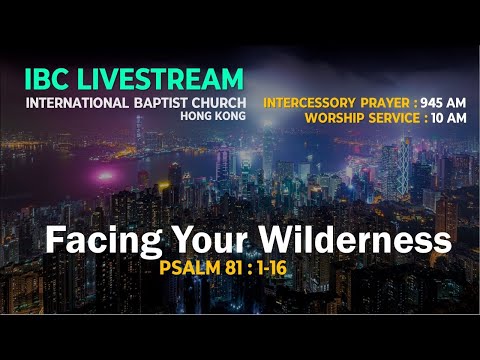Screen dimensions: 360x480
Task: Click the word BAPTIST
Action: click(160, 101)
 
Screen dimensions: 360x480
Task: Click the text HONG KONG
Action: click(213, 116)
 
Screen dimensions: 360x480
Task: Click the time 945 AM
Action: click(446, 102)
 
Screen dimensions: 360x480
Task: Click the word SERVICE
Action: click(394, 118)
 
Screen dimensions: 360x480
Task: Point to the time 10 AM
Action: click(447, 118)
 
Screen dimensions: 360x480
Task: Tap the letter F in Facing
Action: click(57, 241)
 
